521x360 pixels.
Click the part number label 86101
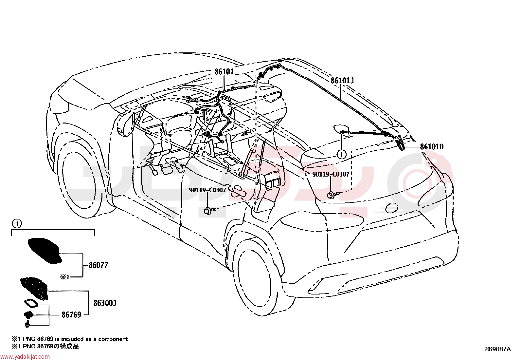[224, 71]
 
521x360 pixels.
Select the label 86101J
[342, 81]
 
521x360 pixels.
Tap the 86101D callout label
[432, 147]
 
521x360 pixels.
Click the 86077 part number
[99, 265]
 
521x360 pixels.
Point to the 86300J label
[105, 303]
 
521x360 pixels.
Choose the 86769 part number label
[71, 315]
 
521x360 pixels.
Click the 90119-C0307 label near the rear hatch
[331, 174]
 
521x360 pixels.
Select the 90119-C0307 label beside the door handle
[207, 190]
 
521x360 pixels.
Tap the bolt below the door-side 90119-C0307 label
[209, 211]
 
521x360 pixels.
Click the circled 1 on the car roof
[341, 154]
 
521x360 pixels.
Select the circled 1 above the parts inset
[17, 224]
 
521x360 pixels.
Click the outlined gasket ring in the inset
[31, 304]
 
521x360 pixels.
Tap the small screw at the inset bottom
[27, 324]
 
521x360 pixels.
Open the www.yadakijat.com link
[25, 357]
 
